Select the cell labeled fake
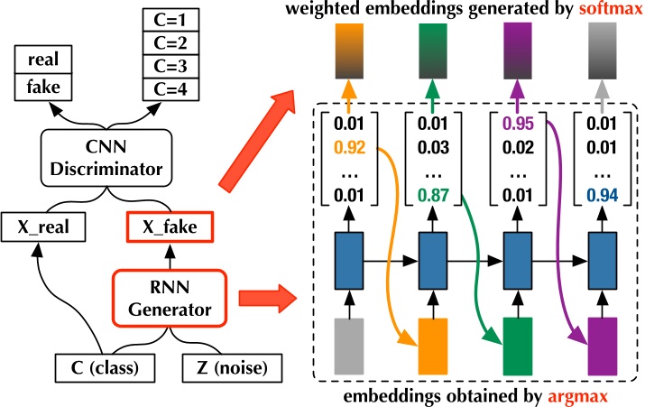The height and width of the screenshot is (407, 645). pyautogui.click(x=44, y=88)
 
